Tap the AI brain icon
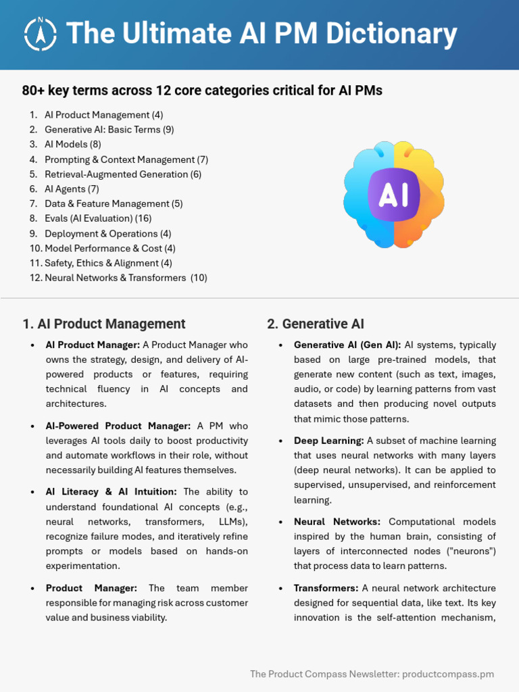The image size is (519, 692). point(394,195)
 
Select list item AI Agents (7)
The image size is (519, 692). point(72,189)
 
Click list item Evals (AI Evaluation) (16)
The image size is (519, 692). point(98,218)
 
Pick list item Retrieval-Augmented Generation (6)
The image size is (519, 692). point(122,174)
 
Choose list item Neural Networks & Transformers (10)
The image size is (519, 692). point(126,278)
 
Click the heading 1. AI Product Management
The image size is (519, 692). point(104,324)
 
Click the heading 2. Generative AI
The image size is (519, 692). point(316,324)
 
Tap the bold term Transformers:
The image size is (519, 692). point(326,588)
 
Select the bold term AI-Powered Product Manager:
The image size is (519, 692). point(118,426)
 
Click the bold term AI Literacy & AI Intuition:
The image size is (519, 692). point(112,492)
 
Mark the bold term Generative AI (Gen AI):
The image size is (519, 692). point(347,345)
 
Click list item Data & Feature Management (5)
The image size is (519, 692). point(114,203)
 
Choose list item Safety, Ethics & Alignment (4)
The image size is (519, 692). point(108,263)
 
